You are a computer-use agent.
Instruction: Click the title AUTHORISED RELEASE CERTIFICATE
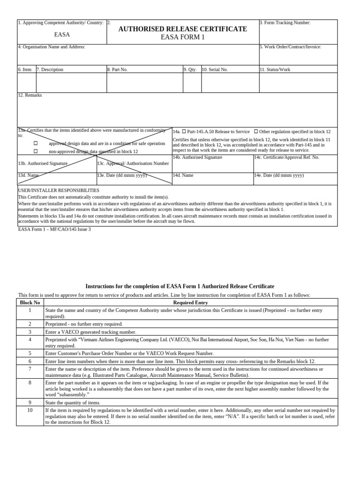tap(182, 29)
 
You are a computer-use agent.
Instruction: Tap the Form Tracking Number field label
tap(285, 22)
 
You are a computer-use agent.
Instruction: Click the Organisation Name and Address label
tap(52, 47)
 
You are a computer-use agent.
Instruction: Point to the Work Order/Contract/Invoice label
tap(290, 47)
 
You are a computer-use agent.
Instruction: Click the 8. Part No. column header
tap(117, 69)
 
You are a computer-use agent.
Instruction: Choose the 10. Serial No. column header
tap(215, 69)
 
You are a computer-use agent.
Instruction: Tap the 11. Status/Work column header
tap(275, 69)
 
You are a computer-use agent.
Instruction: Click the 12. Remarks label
tap(30, 95)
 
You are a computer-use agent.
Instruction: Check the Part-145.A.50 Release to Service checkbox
tap(184, 132)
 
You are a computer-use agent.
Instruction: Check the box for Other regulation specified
tap(256, 132)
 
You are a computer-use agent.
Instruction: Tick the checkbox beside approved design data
tap(36, 143)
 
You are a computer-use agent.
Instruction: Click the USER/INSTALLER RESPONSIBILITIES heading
tap(59, 191)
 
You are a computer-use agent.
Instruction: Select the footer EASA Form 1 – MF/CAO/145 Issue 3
tap(54, 229)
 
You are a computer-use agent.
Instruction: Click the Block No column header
tap(30, 303)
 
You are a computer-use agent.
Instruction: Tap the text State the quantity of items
tap(73, 403)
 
